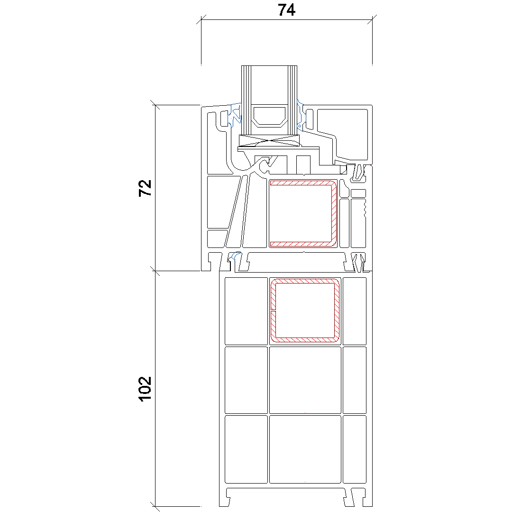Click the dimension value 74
point(286,10)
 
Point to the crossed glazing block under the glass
point(269,141)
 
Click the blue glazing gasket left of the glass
point(235,114)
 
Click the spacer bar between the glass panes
point(269,117)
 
